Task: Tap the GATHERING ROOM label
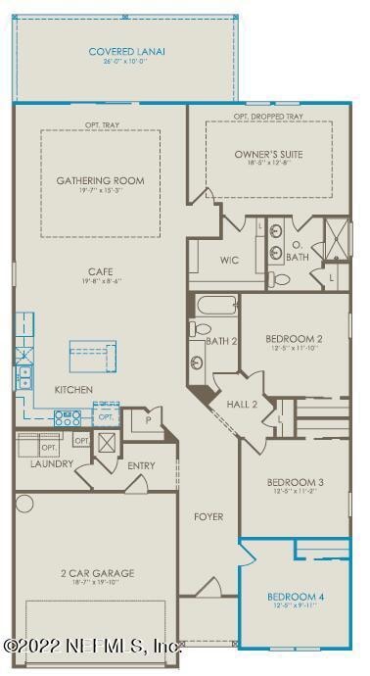coord(100,180)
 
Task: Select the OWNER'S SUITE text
coord(267,155)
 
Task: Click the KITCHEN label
coord(73,390)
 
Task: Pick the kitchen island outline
coord(92,352)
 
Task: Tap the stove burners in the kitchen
coord(68,417)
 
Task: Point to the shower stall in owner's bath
coord(334,238)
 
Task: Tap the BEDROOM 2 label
coord(294,340)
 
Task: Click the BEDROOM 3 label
coord(295,482)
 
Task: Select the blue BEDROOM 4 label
coord(295,596)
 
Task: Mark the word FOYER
coord(208,516)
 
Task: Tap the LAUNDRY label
coord(52,463)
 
